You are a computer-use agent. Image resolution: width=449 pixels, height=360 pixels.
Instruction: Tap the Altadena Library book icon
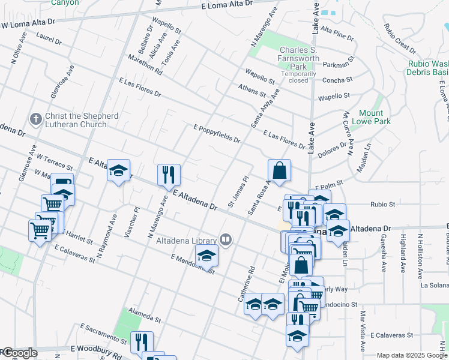(x=226, y=240)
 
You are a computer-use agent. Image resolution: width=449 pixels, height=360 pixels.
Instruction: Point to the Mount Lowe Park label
(x=375, y=117)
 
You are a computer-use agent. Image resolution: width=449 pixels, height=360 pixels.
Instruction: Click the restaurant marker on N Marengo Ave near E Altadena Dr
(x=169, y=175)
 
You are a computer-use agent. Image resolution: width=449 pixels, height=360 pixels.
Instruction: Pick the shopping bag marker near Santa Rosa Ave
(x=279, y=170)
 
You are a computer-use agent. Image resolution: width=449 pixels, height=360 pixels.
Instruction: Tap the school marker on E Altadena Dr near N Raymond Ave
(x=119, y=170)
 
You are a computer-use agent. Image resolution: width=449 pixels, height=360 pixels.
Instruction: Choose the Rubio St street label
(x=383, y=204)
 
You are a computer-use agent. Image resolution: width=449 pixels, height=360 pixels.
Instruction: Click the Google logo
(x=20, y=353)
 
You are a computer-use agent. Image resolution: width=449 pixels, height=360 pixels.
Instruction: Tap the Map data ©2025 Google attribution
(x=411, y=355)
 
